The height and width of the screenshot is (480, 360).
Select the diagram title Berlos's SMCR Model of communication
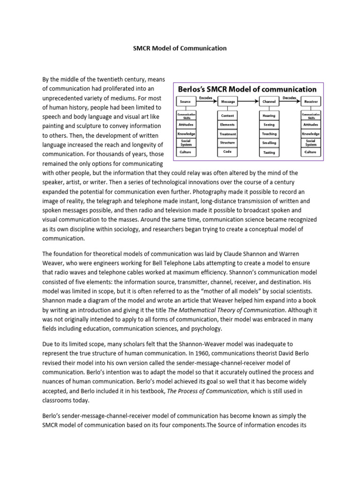point(246,89)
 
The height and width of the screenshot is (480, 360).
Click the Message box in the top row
point(228,101)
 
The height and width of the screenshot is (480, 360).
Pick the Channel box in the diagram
point(270,101)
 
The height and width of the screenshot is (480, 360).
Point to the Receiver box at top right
point(311,101)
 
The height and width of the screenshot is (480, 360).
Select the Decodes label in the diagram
point(289,97)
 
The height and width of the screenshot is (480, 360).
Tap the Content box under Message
point(228,115)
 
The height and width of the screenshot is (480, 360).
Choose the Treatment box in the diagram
point(228,134)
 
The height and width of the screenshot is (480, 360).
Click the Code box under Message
point(228,152)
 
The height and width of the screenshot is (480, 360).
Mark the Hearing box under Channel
point(270,115)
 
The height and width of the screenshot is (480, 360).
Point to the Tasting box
point(270,152)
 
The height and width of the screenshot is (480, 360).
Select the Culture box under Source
point(186,152)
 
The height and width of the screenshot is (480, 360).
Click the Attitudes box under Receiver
point(311,125)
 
